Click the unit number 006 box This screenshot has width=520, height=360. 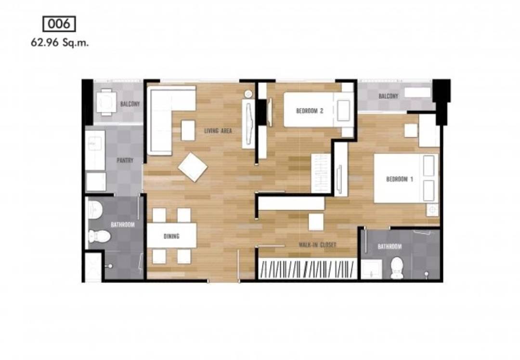[x=59, y=24]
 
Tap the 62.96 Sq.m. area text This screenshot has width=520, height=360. [x=60, y=43]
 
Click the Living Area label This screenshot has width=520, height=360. [x=218, y=131]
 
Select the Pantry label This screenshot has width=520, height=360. [x=125, y=160]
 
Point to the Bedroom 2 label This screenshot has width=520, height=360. [x=310, y=111]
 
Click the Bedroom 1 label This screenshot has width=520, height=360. [x=400, y=179]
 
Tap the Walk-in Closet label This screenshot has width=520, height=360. [x=317, y=245]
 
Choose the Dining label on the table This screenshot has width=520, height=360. [x=171, y=236]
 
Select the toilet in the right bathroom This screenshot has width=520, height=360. [x=397, y=268]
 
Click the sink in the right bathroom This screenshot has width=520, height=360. [x=371, y=269]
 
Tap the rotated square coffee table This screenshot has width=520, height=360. [x=193, y=167]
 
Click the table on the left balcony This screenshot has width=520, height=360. [x=106, y=102]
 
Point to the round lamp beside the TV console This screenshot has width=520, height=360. [x=248, y=94]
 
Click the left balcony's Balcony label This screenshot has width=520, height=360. [x=130, y=104]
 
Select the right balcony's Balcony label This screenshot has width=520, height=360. [x=389, y=96]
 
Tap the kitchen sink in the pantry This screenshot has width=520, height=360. [x=95, y=150]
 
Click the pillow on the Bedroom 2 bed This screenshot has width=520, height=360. [x=344, y=110]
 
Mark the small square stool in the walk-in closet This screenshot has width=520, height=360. [x=316, y=222]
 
